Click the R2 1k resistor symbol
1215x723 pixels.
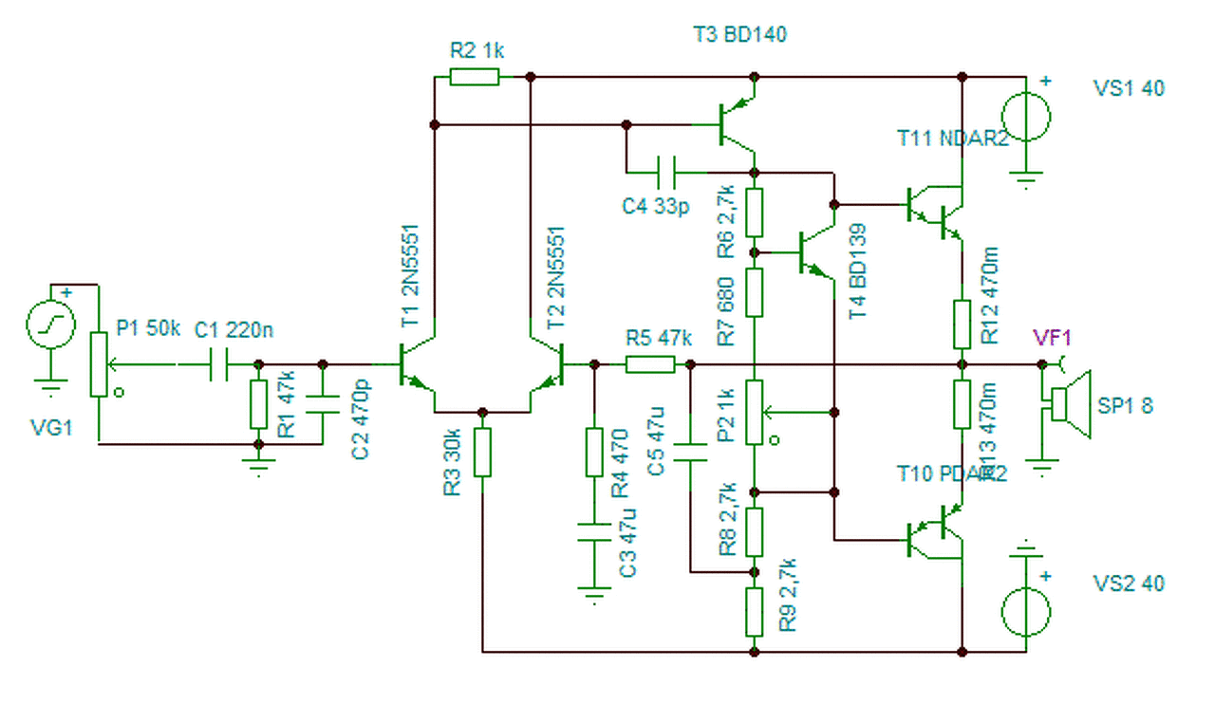click(x=474, y=76)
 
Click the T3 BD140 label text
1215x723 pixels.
click(x=740, y=35)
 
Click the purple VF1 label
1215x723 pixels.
click(x=1053, y=338)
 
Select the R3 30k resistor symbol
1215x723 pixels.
click(x=482, y=453)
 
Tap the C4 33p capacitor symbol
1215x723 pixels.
click(x=668, y=173)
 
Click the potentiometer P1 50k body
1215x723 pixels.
click(x=98, y=364)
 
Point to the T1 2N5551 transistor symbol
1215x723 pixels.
click(x=415, y=364)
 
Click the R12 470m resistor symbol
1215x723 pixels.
click(x=963, y=324)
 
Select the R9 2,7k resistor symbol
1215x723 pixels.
click(x=754, y=612)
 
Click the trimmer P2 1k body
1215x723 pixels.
click(x=754, y=413)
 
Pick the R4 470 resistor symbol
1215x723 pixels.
click(x=594, y=453)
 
